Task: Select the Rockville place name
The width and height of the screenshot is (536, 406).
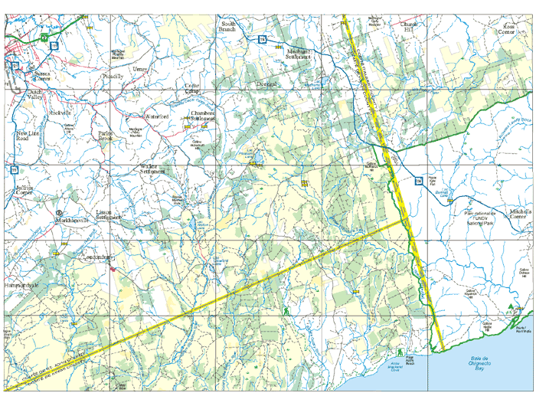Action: coord(60,112)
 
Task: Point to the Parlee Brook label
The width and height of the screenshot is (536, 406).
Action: coord(106,135)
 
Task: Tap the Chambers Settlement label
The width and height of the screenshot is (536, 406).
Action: coord(202,116)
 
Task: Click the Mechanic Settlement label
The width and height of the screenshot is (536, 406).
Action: coord(298,53)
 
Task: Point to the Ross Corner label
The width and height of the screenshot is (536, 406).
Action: coord(506,28)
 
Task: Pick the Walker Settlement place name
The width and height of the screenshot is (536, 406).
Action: coord(153,169)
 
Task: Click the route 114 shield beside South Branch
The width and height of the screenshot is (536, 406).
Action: coord(262,39)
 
